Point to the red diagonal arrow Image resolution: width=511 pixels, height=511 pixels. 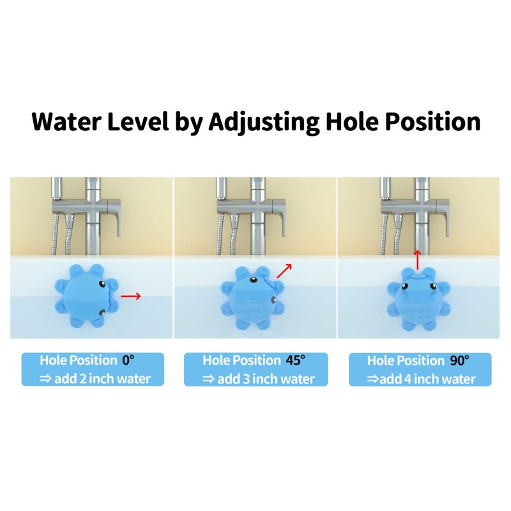(284, 270)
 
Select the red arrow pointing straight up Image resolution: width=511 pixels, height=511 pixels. (417, 261)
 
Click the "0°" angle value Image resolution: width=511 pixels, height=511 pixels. (129, 360)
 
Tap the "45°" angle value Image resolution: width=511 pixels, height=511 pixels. (295, 360)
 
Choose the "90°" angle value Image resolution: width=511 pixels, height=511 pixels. (459, 360)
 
